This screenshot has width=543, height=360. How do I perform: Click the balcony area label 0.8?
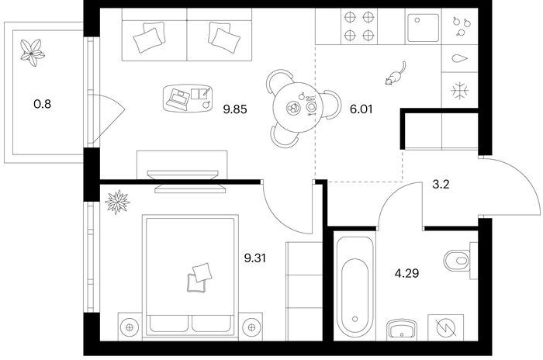click(42, 104)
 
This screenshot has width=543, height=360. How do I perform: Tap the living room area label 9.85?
click(235, 110)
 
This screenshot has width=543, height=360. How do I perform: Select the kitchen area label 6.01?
click(361, 109)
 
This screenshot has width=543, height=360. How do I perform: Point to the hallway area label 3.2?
click(441, 185)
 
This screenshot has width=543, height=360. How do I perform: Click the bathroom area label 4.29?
click(407, 273)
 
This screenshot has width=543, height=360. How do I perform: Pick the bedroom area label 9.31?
click(255, 258)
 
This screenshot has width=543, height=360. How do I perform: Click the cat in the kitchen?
click(395, 74)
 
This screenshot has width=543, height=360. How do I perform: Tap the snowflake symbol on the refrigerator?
click(460, 91)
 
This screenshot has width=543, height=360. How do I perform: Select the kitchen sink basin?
click(424, 27)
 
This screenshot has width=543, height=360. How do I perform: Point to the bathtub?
click(355, 287)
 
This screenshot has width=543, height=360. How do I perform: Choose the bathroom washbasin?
click(402, 328)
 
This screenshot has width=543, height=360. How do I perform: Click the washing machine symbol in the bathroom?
click(445, 327)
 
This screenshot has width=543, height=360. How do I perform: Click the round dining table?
click(298, 107)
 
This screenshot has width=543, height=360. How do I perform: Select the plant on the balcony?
click(33, 53)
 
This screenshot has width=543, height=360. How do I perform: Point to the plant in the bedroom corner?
click(117, 202)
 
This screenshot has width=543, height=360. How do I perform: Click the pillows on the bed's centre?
click(199, 278)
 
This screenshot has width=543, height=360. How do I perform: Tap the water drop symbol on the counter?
click(459, 58)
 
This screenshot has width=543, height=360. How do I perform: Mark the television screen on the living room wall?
click(182, 175)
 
